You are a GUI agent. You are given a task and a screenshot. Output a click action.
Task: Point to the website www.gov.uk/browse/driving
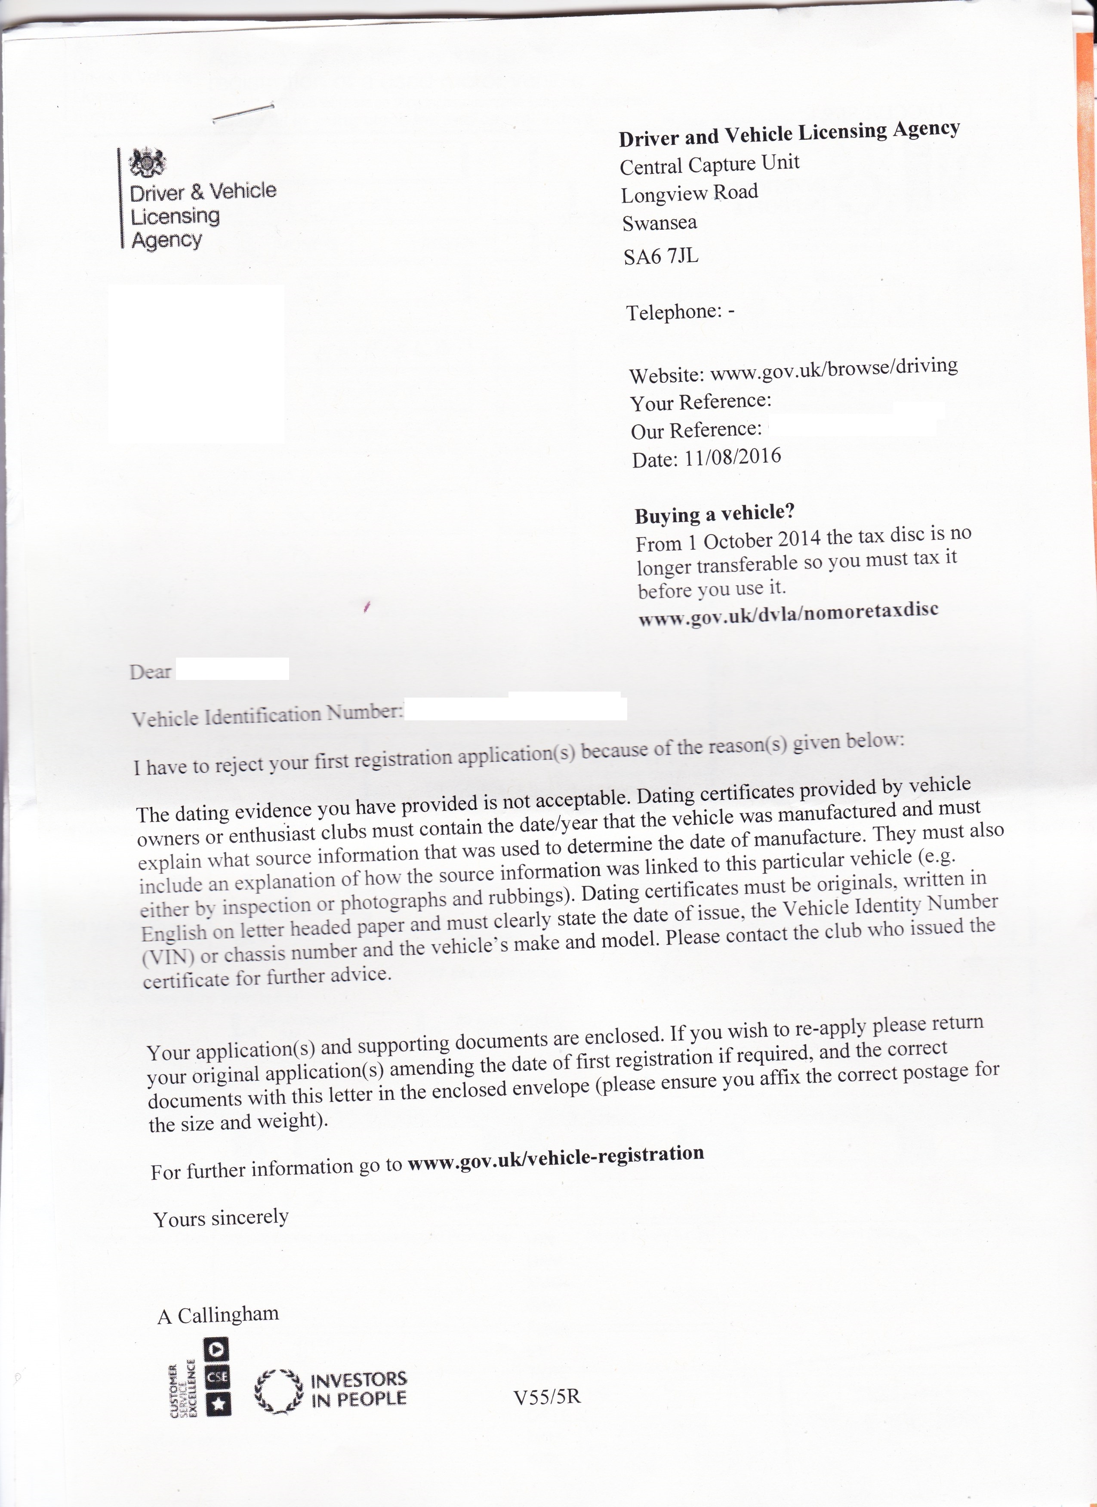pos(834,369)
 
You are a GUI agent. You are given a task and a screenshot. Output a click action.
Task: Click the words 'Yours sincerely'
pos(221,1218)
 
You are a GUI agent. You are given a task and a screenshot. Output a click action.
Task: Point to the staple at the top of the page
pos(243,113)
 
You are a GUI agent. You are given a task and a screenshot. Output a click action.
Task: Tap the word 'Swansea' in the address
pos(659,223)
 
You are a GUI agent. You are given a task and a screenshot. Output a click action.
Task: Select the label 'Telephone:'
pos(673,312)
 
